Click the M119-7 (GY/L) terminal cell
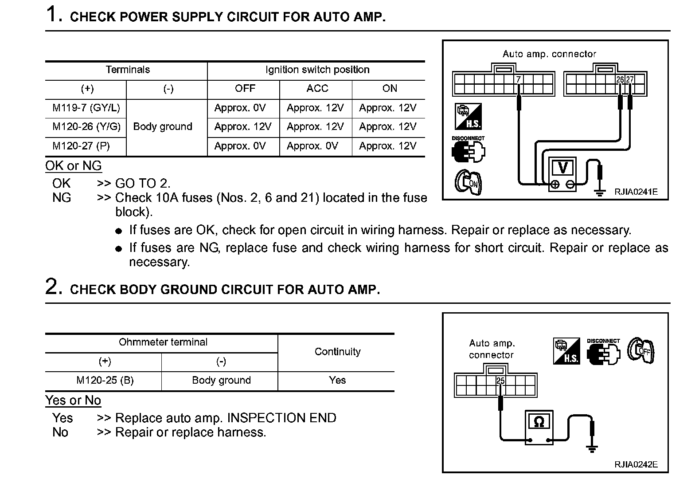point(86,108)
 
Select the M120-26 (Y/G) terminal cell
point(86,127)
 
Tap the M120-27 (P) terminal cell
point(81,146)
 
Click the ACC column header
point(317,89)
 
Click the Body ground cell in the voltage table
point(163,127)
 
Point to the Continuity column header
point(337,352)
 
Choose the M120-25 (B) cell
point(105,381)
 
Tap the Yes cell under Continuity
point(337,381)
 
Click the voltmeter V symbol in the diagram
point(563,168)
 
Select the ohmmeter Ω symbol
point(539,422)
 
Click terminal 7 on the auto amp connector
point(518,80)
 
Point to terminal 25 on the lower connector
point(500,381)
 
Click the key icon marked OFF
point(641,350)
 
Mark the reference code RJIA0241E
point(636,192)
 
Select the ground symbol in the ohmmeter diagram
point(592,448)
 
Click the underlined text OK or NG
point(74,166)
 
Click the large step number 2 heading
point(52,287)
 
